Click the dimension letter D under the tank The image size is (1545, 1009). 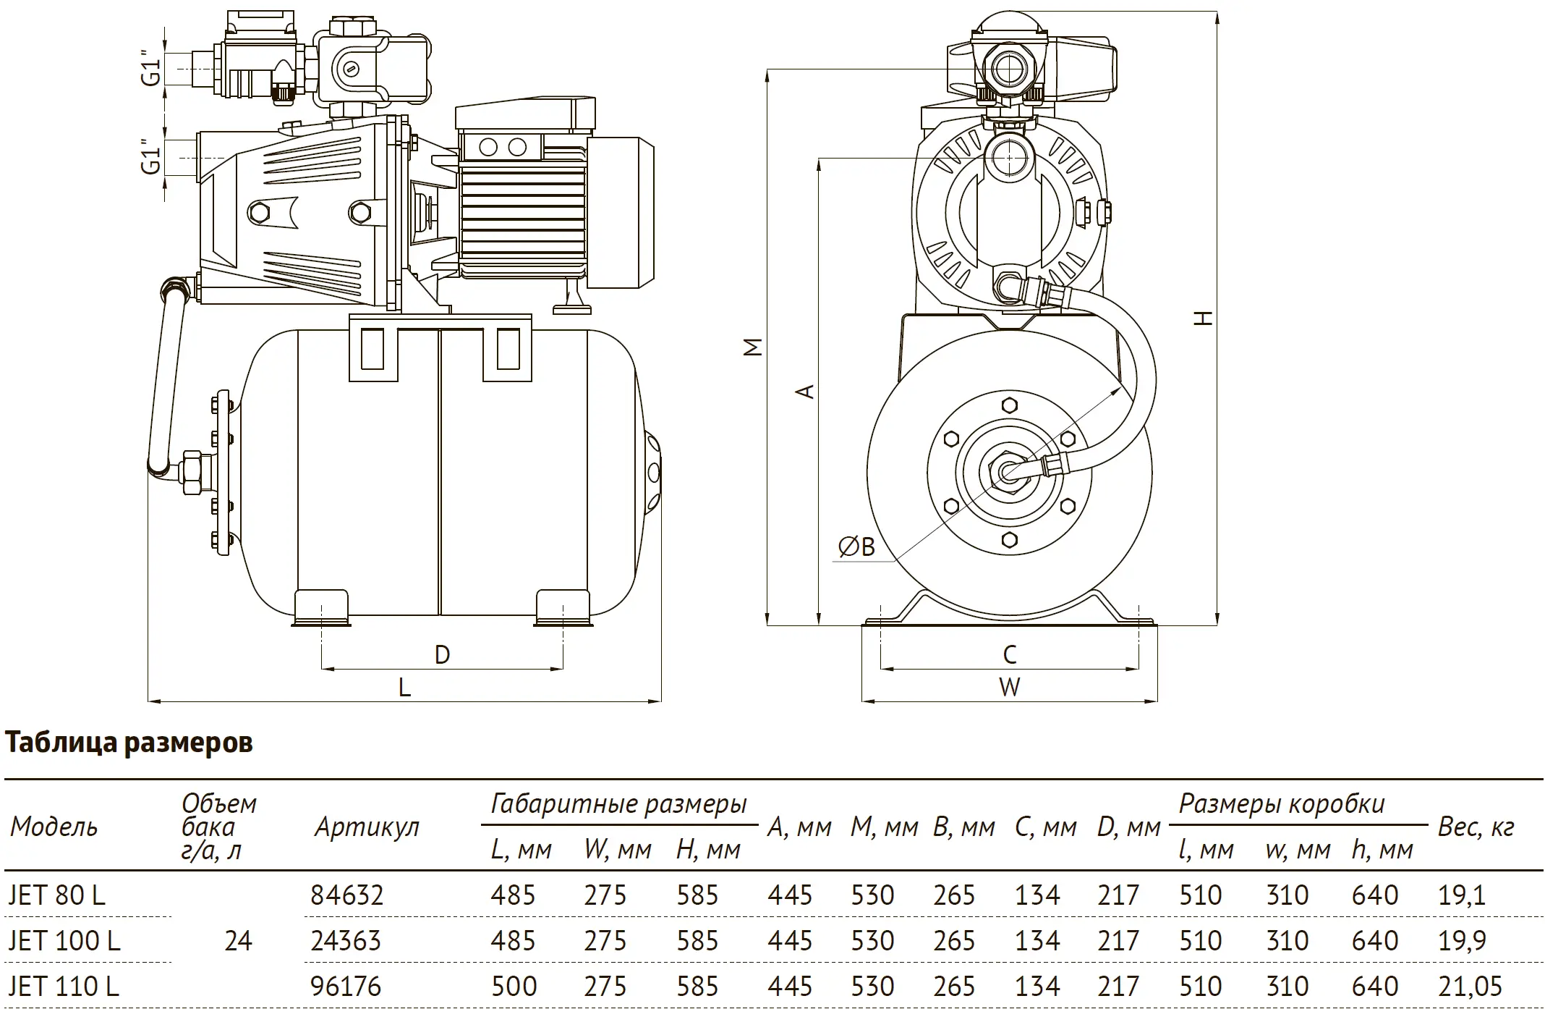tap(442, 655)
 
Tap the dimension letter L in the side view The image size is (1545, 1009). tap(404, 687)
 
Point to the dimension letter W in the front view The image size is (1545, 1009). tap(1009, 687)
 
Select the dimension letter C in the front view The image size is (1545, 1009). tap(1010, 655)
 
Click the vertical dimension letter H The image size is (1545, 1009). tap(1203, 318)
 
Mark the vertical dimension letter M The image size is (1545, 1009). tap(754, 347)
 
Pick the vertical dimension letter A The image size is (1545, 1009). tap(805, 391)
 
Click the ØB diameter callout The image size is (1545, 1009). tap(856, 547)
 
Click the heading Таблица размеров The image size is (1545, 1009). tap(129, 743)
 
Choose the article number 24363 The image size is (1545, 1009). tap(346, 941)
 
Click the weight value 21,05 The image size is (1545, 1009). tap(1470, 986)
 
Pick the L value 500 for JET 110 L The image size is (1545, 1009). tap(514, 986)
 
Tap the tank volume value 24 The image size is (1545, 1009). tap(238, 941)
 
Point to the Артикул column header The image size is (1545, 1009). tap(367, 827)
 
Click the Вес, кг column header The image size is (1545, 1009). tap(1476, 827)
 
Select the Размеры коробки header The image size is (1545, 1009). tap(1282, 804)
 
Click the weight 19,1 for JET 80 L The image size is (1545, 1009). tap(1462, 895)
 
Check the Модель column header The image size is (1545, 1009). tap(54, 827)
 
